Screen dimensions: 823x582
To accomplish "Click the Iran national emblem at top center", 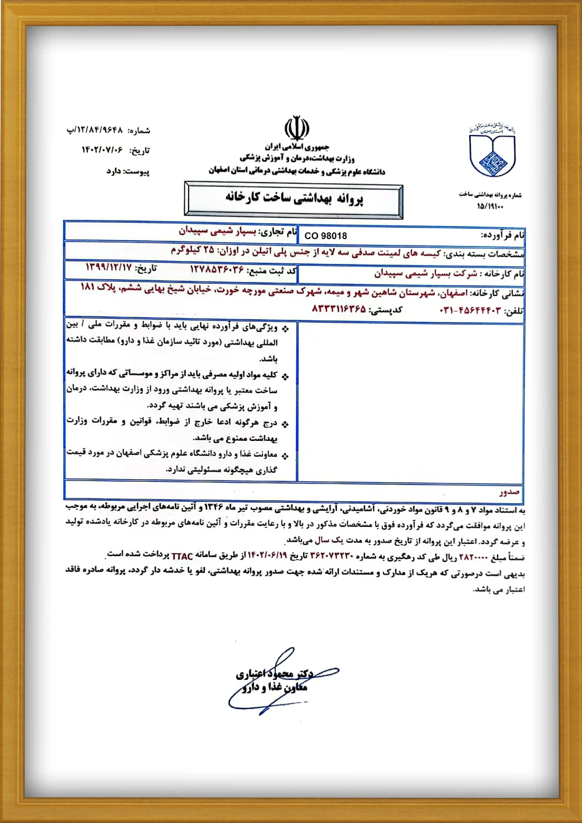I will click(296, 128).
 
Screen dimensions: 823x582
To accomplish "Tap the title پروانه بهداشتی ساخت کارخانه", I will click(294, 198).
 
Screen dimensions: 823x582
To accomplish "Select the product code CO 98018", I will click(325, 236).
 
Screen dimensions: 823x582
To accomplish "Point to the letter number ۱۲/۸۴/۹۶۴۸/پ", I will click(94, 130).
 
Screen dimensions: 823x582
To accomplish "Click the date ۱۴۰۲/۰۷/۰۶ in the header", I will click(102, 150).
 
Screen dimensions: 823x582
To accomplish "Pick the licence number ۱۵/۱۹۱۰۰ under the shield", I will click(489, 206).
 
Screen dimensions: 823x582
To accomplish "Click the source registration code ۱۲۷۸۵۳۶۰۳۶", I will click(217, 269).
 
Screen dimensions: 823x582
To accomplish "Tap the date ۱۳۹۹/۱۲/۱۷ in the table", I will click(109, 268).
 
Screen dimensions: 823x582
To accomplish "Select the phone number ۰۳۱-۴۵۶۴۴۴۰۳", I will click(470, 311).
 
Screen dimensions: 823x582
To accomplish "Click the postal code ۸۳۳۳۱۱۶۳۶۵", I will click(339, 308).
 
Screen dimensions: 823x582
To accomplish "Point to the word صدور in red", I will click(509, 491).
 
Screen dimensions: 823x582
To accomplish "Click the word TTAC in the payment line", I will click(182, 556).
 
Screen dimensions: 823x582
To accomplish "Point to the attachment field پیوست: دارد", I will click(127, 172).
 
